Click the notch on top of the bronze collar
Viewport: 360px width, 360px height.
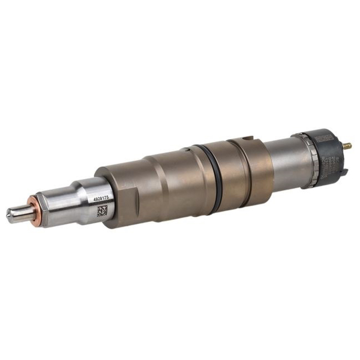coord(247,140)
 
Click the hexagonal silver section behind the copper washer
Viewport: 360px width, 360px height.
coord(55,207)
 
